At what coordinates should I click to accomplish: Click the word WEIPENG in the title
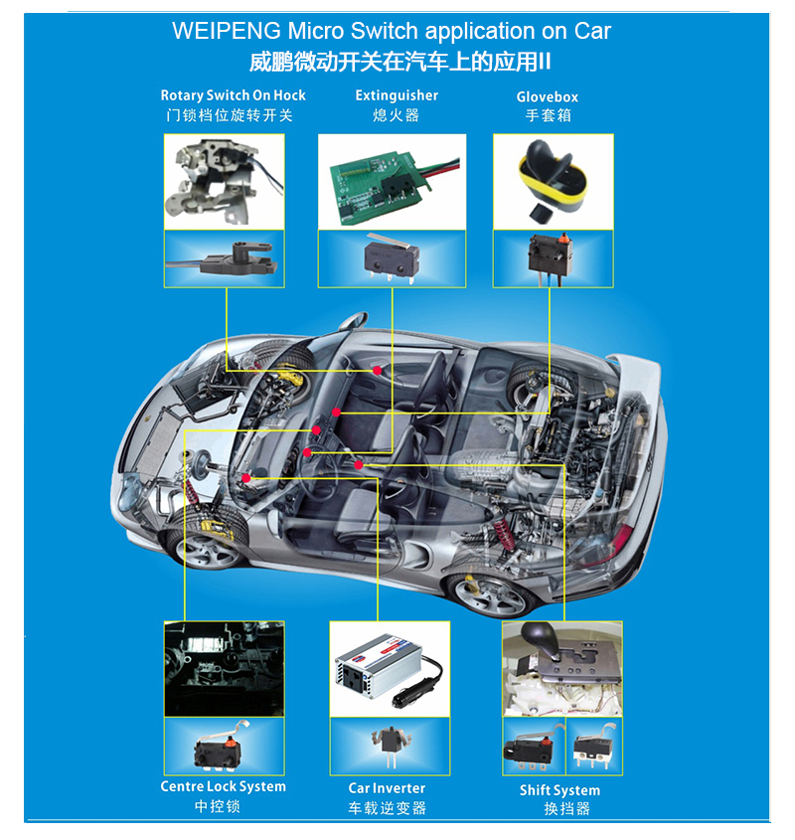(226, 31)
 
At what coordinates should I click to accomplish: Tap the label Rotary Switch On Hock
(234, 95)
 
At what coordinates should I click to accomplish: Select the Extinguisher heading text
(397, 95)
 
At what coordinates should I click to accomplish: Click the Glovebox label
(547, 97)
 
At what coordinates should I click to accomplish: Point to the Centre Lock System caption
(223, 786)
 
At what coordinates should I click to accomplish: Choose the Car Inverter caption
(387, 788)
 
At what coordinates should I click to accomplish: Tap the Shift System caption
(559, 790)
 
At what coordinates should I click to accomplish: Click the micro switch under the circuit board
(392, 256)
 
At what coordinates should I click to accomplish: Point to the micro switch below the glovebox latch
(551, 257)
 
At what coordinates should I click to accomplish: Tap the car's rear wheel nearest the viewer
(490, 593)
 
